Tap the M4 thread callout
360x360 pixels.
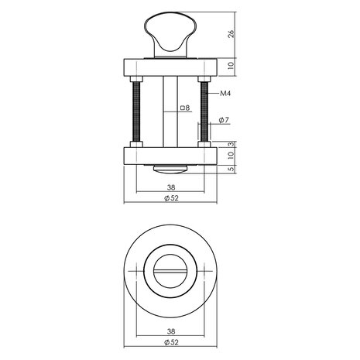pyautogui.click(x=226, y=94)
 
